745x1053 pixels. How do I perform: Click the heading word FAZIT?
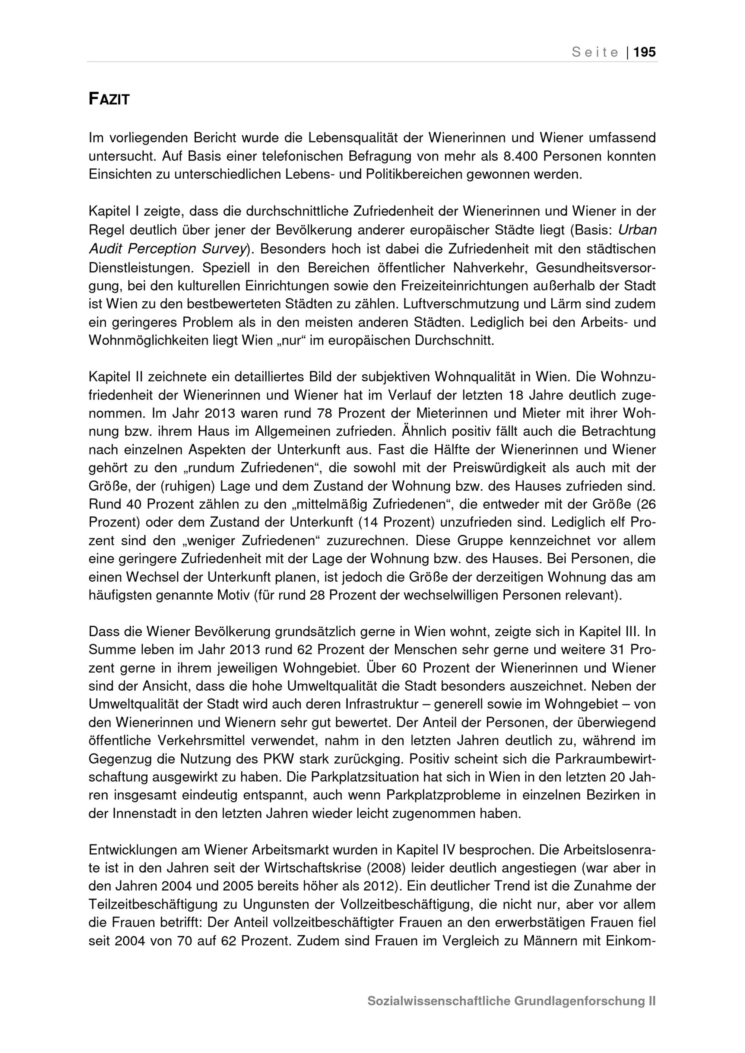tap(109, 99)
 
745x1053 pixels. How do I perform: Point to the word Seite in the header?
tap(595, 52)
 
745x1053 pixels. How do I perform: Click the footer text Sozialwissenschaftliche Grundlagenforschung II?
tap(511, 1001)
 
